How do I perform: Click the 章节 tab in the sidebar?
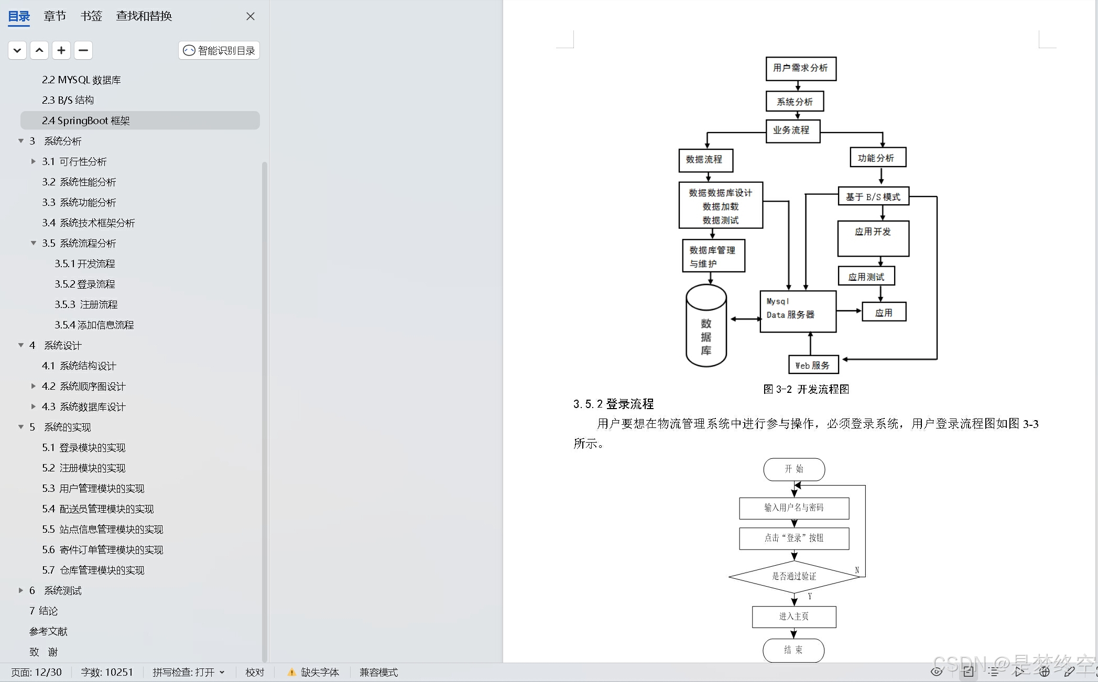coord(55,16)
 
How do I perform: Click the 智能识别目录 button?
coord(219,50)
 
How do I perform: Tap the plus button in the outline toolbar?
coord(61,50)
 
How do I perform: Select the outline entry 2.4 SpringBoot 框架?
coord(86,120)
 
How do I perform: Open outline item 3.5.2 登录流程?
coord(85,284)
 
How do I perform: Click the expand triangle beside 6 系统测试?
coord(21,590)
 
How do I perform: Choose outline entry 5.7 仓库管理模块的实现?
coord(93,570)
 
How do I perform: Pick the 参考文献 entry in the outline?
coord(48,631)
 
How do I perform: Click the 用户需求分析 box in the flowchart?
coord(800,68)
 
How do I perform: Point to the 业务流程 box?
coord(792,130)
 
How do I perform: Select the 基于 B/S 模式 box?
coord(873,197)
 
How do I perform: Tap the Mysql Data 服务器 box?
coord(798,311)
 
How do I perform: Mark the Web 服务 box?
coord(813,365)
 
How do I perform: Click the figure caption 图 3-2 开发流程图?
coord(806,389)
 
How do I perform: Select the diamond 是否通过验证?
coord(794,576)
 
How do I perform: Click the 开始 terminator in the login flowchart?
coord(794,469)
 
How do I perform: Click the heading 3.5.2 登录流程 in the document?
coord(613,404)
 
